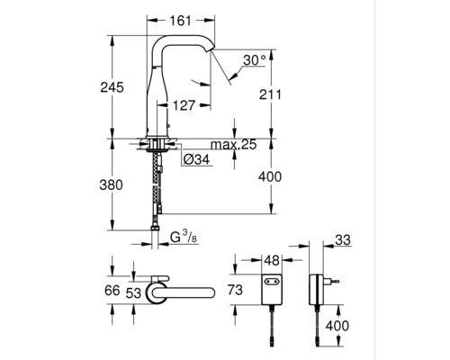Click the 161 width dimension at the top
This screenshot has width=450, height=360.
180,21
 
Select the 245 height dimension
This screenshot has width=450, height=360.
112,87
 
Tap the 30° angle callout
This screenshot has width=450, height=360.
255,60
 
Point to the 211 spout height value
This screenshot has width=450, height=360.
271,94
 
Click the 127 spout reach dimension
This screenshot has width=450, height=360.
184,105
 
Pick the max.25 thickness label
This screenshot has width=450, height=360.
234,145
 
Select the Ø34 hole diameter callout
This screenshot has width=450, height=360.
197,159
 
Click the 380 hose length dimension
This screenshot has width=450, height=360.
112,184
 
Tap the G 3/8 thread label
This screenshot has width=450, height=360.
184,237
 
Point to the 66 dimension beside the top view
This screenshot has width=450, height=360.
112,291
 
